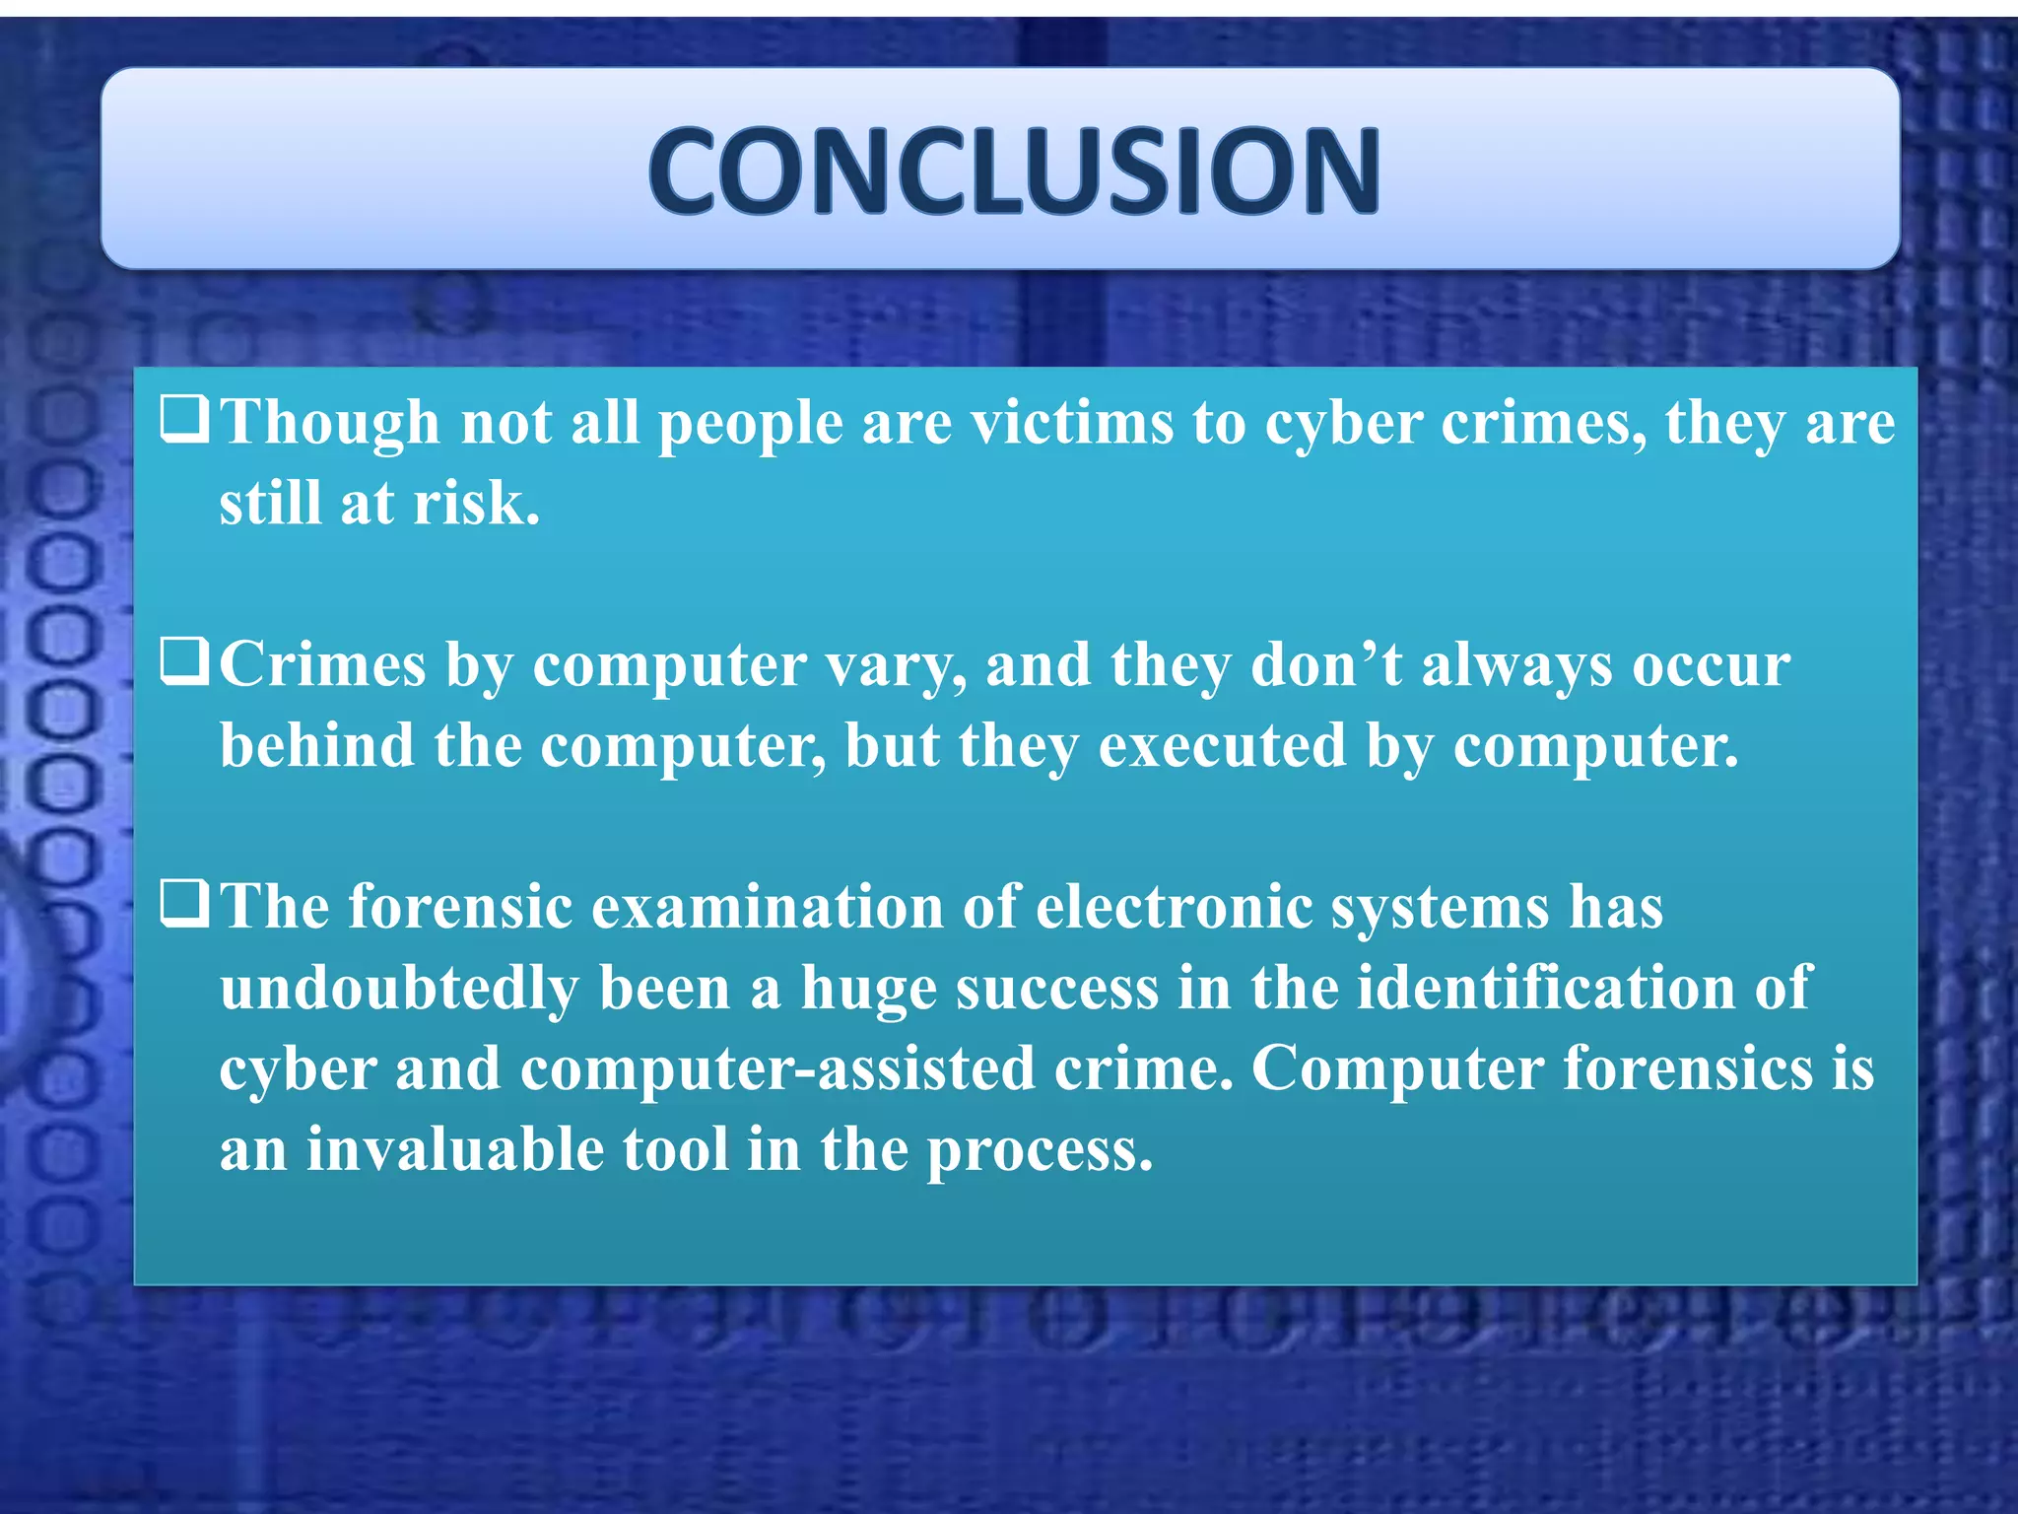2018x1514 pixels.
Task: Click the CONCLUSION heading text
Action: click(x=1013, y=170)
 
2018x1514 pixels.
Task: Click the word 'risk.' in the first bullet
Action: click(x=477, y=504)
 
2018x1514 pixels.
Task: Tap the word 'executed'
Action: click(x=1222, y=746)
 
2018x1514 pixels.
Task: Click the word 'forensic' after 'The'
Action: click(x=460, y=907)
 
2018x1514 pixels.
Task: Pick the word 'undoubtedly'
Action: click(x=399, y=989)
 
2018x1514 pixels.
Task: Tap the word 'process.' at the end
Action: click(x=1039, y=1150)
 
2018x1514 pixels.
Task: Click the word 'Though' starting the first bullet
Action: click(x=329, y=423)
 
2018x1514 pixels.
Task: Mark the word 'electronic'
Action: click(x=1175, y=907)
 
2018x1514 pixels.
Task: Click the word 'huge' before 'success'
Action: click(x=868, y=989)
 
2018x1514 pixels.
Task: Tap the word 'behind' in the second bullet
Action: click(x=316, y=746)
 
